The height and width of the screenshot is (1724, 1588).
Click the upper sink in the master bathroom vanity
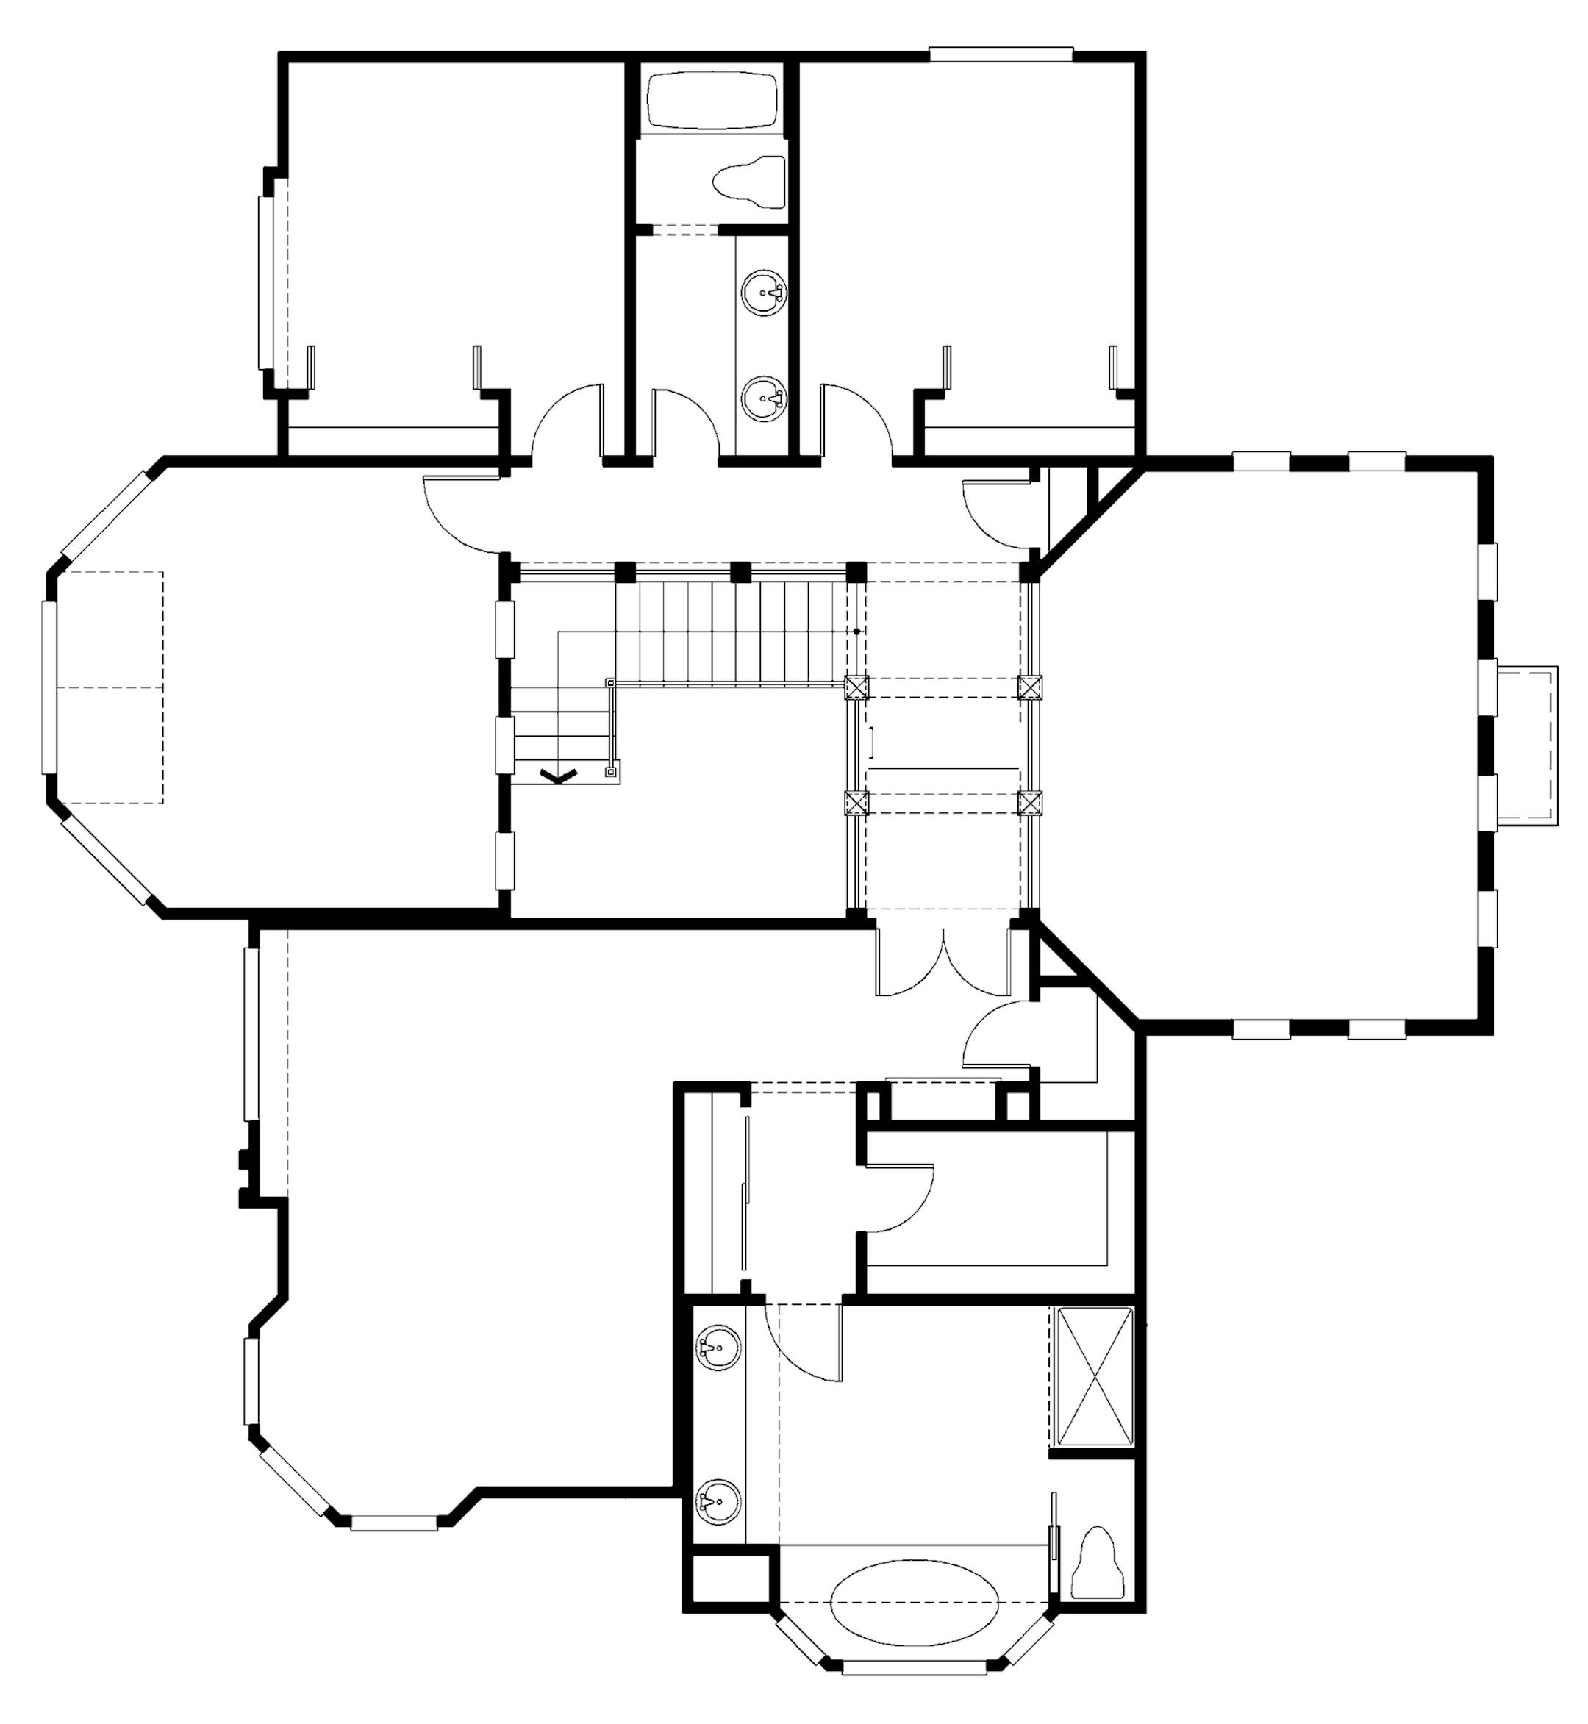tap(718, 1349)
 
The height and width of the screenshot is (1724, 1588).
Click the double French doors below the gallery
tap(943, 961)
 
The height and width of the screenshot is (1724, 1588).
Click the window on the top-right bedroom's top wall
tap(1001, 54)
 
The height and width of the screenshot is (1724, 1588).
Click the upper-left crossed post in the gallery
tap(856, 687)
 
